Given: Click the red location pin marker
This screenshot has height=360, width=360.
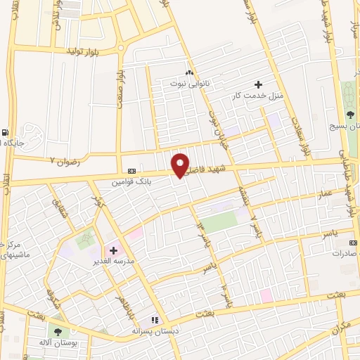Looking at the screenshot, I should click(181, 165).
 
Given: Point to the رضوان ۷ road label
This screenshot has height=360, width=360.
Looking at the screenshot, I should click(65, 162).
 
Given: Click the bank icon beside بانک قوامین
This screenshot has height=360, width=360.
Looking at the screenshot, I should click(131, 171).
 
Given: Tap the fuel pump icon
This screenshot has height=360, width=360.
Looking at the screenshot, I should click(6, 132).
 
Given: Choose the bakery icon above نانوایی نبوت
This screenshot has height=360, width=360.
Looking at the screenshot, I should click(188, 72).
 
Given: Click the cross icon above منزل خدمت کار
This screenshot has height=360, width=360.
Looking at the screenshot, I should click(259, 84).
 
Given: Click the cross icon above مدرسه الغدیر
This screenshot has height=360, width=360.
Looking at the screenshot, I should click(113, 250).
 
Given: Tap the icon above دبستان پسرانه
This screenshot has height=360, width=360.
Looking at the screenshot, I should click(154, 320).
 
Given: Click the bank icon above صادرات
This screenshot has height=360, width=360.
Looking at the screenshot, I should click(352, 243).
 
